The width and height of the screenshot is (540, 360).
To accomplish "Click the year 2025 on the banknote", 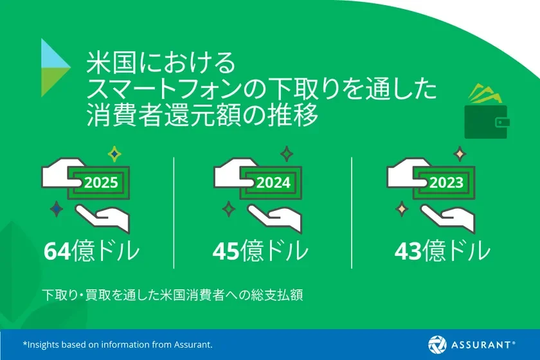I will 101,183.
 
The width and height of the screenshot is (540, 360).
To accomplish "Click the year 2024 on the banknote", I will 274,183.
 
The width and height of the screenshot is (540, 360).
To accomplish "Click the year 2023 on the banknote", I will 446,183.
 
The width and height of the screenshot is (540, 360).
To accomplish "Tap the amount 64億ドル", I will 91,251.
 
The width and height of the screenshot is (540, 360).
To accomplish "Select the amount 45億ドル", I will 260,251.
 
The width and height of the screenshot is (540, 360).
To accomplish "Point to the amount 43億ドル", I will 442,251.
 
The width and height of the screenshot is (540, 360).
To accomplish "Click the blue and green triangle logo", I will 55,67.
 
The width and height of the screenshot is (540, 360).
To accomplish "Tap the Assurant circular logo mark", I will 438,344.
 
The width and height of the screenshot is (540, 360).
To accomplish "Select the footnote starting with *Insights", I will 118,345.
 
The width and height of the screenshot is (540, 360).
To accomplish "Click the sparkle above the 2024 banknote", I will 286,154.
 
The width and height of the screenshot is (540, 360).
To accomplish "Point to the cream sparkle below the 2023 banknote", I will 402,209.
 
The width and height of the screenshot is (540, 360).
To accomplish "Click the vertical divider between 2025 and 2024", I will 174,212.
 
